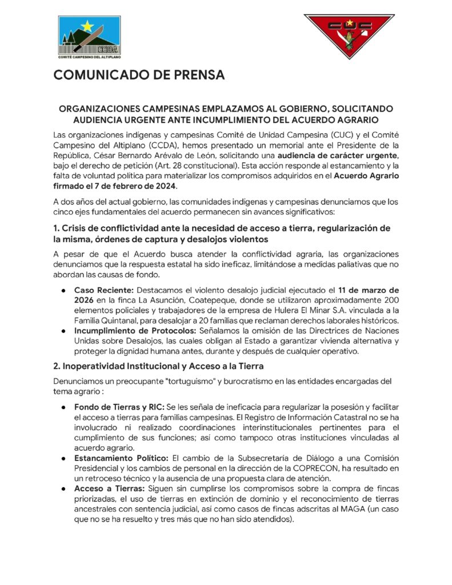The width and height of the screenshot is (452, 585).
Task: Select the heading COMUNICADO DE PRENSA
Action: pyautogui.click(x=139, y=75)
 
